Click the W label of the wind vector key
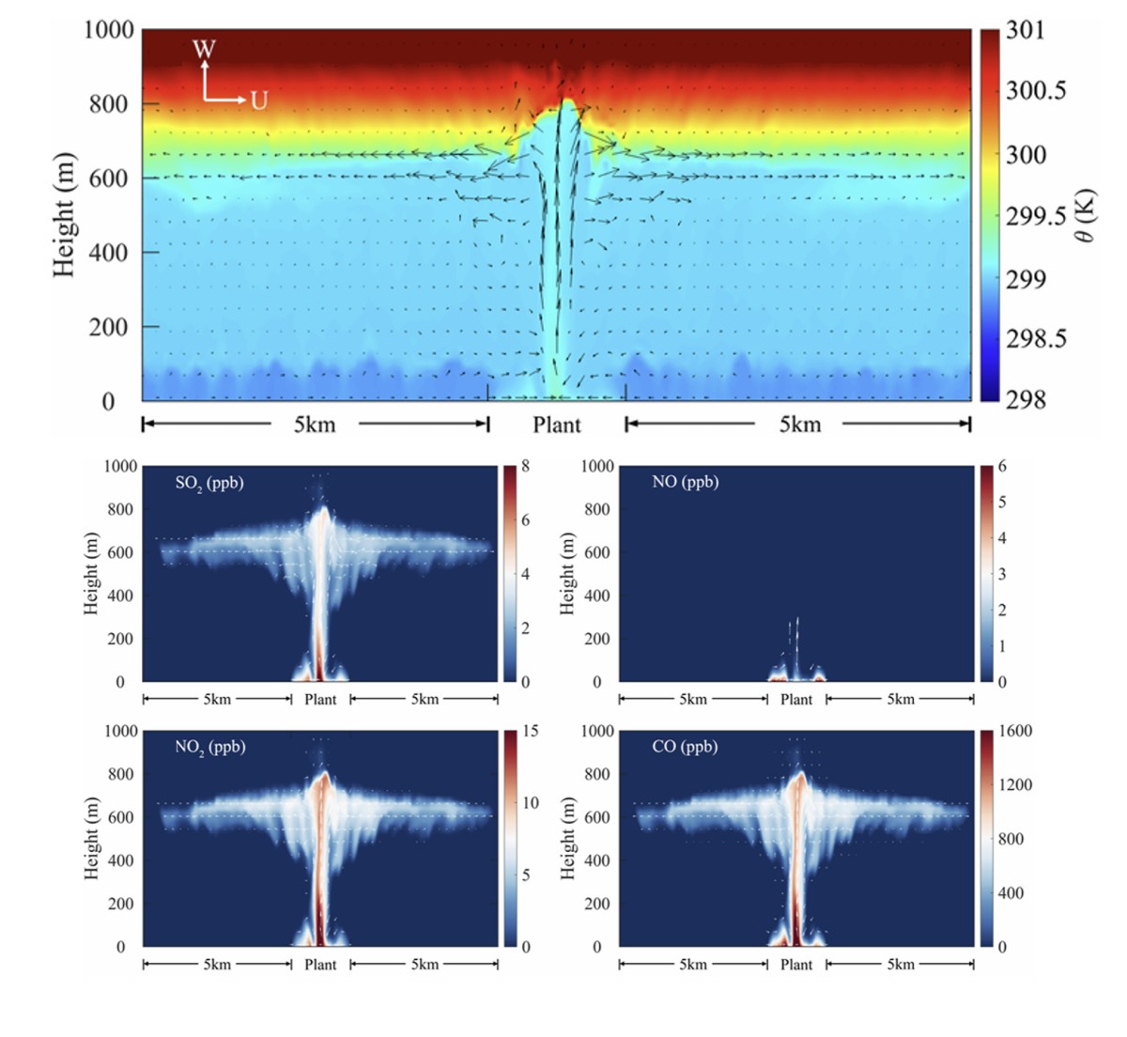point(204,49)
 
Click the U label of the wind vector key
point(258,101)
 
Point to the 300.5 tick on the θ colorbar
point(1036,91)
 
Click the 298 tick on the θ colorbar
point(1026,400)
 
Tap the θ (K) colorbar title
point(1086,216)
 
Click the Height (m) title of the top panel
point(63,215)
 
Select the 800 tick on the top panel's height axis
point(109,104)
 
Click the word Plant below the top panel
point(557,425)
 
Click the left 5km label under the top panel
point(315,425)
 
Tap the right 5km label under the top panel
point(800,425)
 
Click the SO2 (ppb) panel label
point(209,483)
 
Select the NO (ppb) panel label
point(685,482)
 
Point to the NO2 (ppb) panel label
point(210,748)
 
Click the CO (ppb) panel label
point(685,747)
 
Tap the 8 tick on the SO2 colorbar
point(526,467)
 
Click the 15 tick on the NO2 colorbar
point(530,732)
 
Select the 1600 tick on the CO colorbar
point(1013,732)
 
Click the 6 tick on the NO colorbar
point(1002,467)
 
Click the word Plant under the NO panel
point(796,700)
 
